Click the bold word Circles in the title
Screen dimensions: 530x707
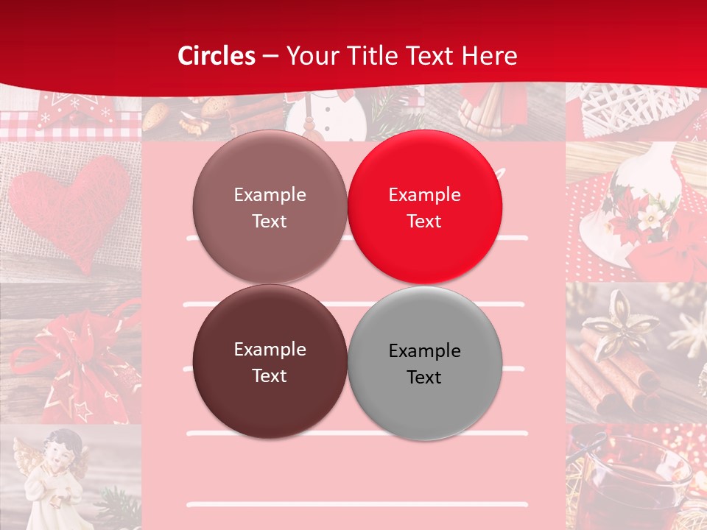(x=217, y=56)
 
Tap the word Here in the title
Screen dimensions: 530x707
(x=490, y=56)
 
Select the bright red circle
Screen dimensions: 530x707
(x=425, y=207)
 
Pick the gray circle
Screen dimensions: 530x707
(x=425, y=363)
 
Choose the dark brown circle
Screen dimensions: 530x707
(x=270, y=361)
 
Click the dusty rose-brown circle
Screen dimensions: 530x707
(x=270, y=207)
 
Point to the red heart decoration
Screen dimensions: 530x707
(x=70, y=206)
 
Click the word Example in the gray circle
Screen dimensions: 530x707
(x=425, y=350)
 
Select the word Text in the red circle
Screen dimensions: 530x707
(x=424, y=221)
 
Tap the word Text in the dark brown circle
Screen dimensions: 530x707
(x=270, y=375)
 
